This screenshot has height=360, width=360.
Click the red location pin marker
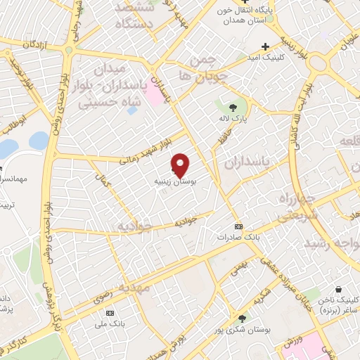click(x=181, y=165)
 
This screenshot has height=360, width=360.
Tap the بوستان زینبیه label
click(x=175, y=181)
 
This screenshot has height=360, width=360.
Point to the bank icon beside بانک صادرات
click(x=238, y=226)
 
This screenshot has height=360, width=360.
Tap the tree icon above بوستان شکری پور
click(x=243, y=318)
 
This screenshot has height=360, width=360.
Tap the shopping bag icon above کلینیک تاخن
click(x=339, y=288)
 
